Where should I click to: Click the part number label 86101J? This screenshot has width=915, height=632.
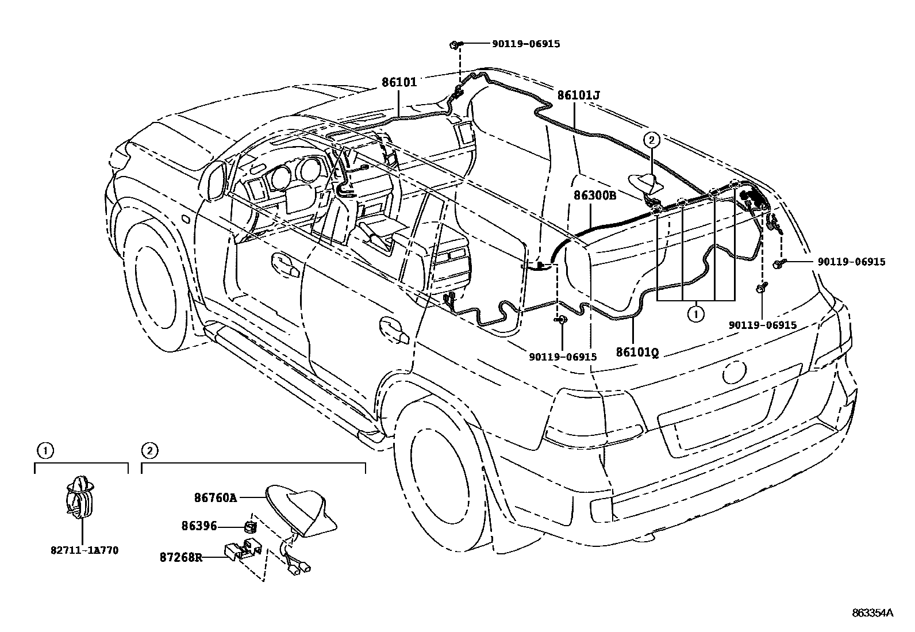coord(578,94)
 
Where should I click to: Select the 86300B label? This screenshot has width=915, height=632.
coord(594,196)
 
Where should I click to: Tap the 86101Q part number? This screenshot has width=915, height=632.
coord(637,351)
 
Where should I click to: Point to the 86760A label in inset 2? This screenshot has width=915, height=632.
coord(216,498)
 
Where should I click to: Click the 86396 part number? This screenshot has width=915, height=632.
coord(199,525)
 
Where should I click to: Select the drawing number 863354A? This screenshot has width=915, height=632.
coord(872,613)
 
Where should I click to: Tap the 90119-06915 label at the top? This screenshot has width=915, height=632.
coord(525,44)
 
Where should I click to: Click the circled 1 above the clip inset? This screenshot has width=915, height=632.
coord(45,450)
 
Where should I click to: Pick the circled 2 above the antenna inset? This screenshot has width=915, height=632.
coord(149,450)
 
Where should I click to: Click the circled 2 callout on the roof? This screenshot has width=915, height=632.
coord(651,139)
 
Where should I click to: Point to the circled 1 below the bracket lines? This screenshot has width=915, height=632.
coord(696,314)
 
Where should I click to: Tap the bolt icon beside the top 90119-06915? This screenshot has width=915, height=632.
coord(454,44)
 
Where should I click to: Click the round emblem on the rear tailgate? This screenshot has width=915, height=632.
coord(735,373)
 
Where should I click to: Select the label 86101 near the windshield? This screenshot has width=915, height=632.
coord(399,82)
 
